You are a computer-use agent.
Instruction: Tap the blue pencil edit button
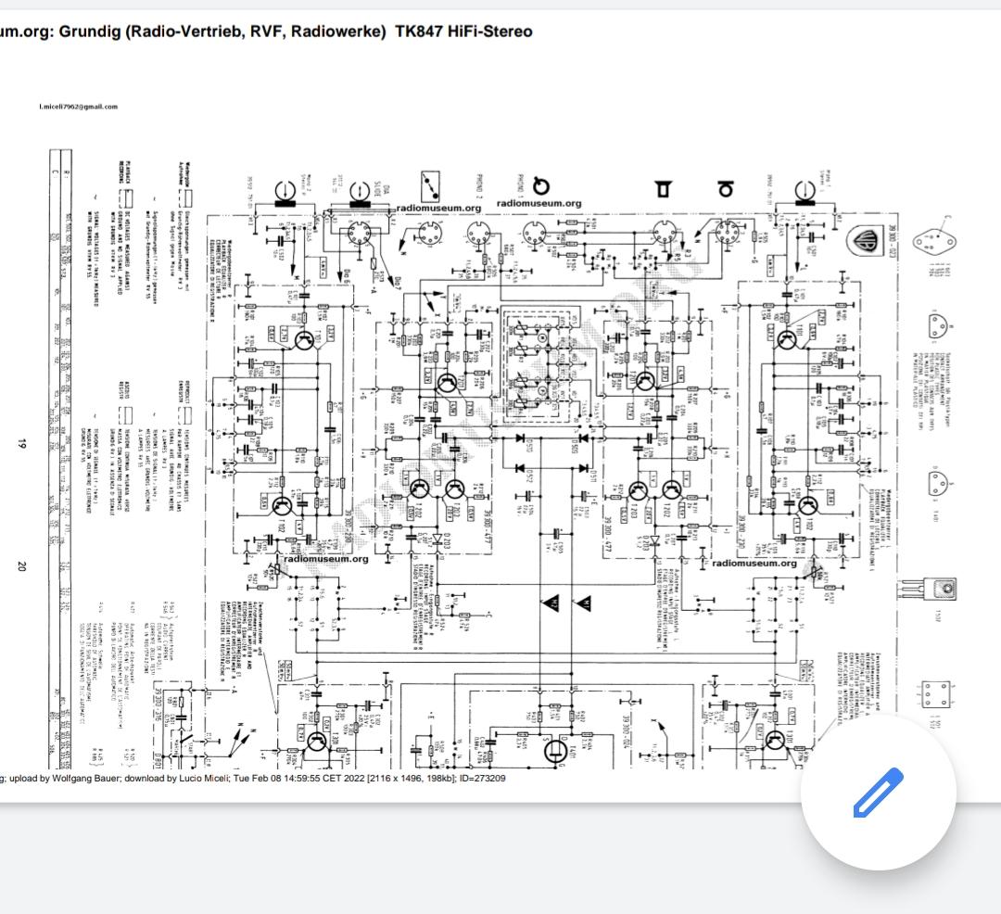coord(877,793)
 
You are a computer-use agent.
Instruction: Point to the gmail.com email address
coord(79,107)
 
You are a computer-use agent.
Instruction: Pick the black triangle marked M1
coord(583,603)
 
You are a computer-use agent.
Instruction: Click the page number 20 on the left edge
coord(20,567)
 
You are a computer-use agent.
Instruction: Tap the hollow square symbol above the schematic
coord(663,189)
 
